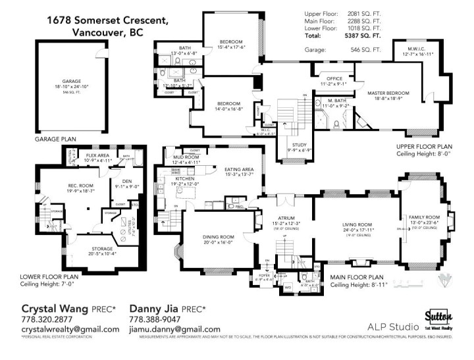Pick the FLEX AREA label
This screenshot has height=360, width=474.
[x=97, y=156]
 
